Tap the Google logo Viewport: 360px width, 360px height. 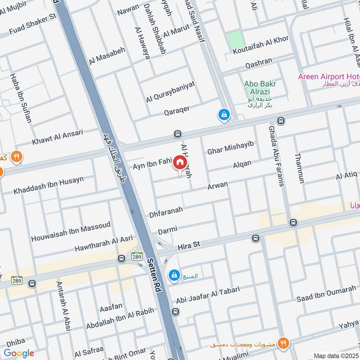click(18, 353)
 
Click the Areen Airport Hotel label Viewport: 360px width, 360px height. click(328, 76)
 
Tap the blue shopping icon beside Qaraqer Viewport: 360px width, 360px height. click(223, 115)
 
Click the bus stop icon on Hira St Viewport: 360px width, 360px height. click(256, 238)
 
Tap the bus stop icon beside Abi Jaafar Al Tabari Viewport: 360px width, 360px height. click(175, 311)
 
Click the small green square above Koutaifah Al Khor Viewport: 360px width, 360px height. click(234, 40)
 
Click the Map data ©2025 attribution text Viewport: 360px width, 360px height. click(336, 355)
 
